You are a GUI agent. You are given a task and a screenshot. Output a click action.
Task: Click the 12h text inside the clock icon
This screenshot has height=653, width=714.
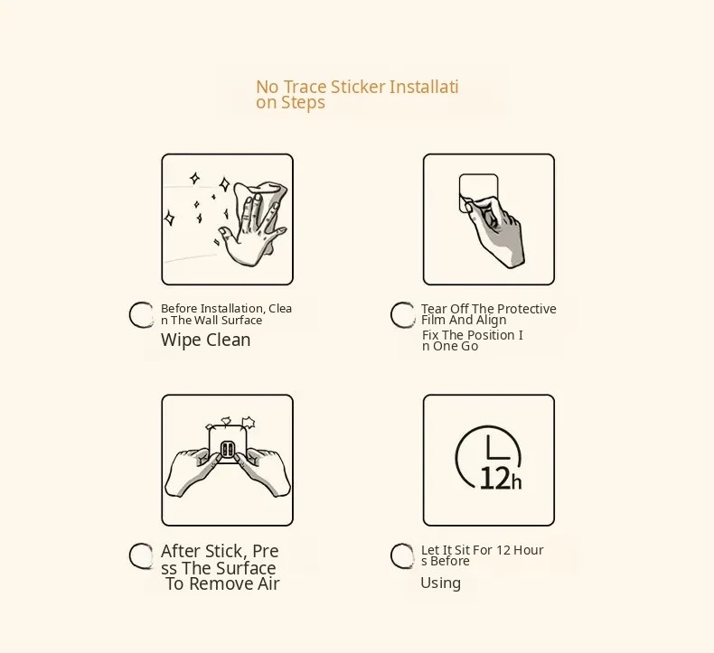click(x=501, y=479)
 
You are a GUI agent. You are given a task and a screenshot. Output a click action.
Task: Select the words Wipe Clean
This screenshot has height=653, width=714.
click(x=205, y=340)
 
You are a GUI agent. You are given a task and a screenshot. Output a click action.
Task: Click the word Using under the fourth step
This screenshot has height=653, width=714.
click(x=440, y=583)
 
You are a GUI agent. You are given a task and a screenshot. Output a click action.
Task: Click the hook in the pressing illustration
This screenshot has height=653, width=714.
click(x=227, y=450)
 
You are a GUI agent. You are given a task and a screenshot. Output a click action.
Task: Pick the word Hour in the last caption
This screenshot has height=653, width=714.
click(x=528, y=550)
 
